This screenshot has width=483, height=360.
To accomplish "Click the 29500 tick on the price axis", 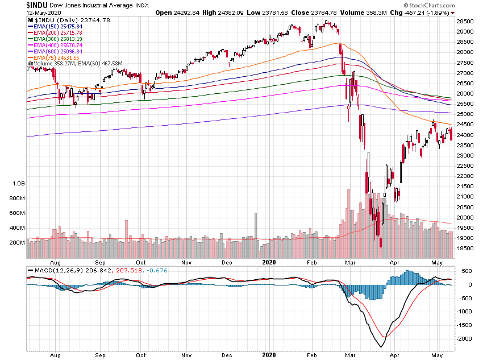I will (x=466, y=21).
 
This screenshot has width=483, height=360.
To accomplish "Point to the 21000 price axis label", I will (x=466, y=197).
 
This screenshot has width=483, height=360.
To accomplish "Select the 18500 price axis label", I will (x=466, y=249).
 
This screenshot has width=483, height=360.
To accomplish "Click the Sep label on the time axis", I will (x=100, y=263).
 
